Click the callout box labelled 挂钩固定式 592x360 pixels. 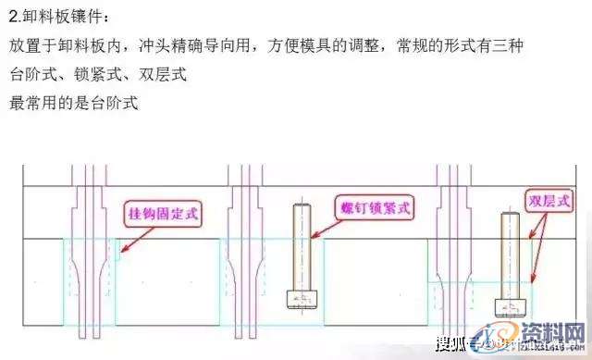tap(163, 214)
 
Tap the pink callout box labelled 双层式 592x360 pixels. tap(549, 201)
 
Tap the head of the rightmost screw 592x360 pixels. tap(508, 306)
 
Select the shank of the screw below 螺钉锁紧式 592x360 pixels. tap(300, 246)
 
